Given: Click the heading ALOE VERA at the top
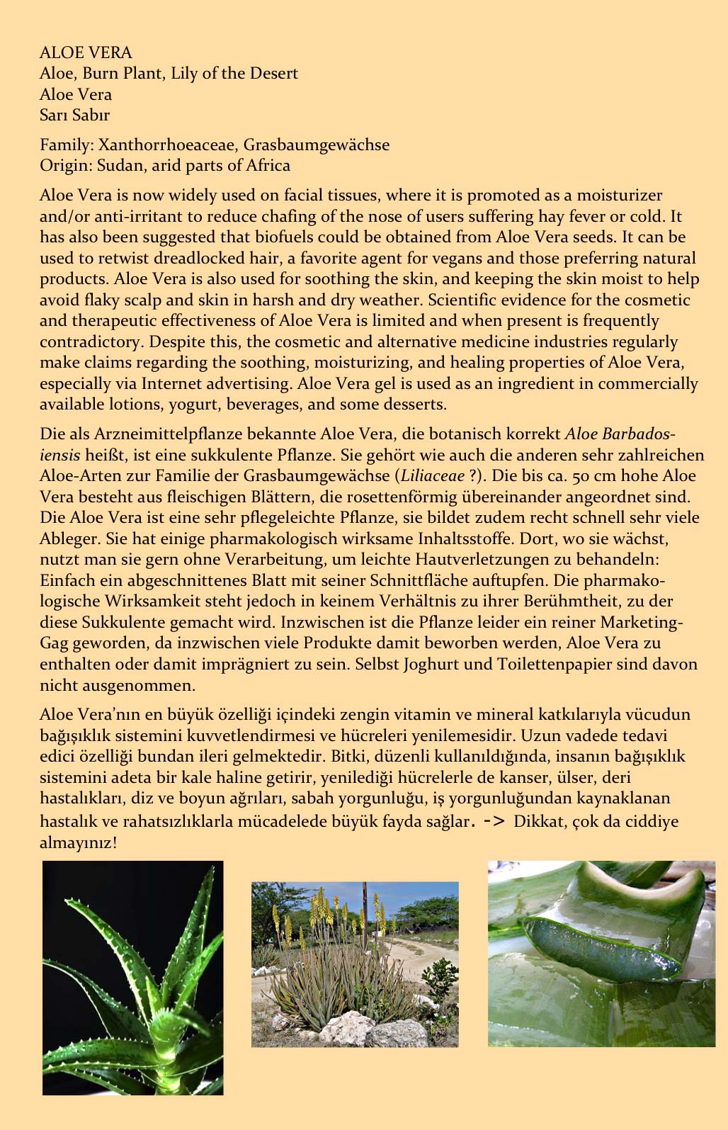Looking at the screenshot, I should coord(86,52).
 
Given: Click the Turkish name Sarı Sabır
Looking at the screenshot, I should coord(74,115).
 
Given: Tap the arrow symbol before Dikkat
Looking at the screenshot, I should coord(494,822).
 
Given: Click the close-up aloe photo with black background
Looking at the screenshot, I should coord(133,978).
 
